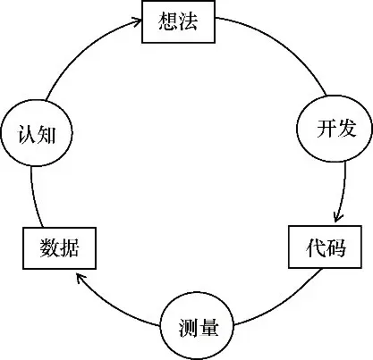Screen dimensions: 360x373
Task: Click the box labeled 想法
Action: coord(180,22)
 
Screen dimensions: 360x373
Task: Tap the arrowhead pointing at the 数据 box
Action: coord(80,279)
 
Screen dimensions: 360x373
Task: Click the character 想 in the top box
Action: coord(168,22)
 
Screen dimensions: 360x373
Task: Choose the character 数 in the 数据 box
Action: coord(47,247)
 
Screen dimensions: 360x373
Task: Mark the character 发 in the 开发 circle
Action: coord(346,129)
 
